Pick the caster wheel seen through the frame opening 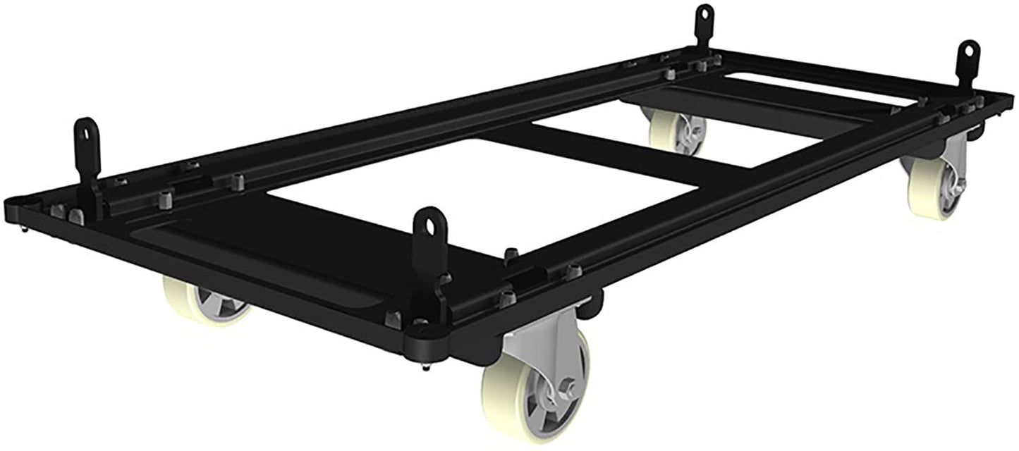(x=676, y=130)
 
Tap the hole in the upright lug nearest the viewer (x=430, y=225)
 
